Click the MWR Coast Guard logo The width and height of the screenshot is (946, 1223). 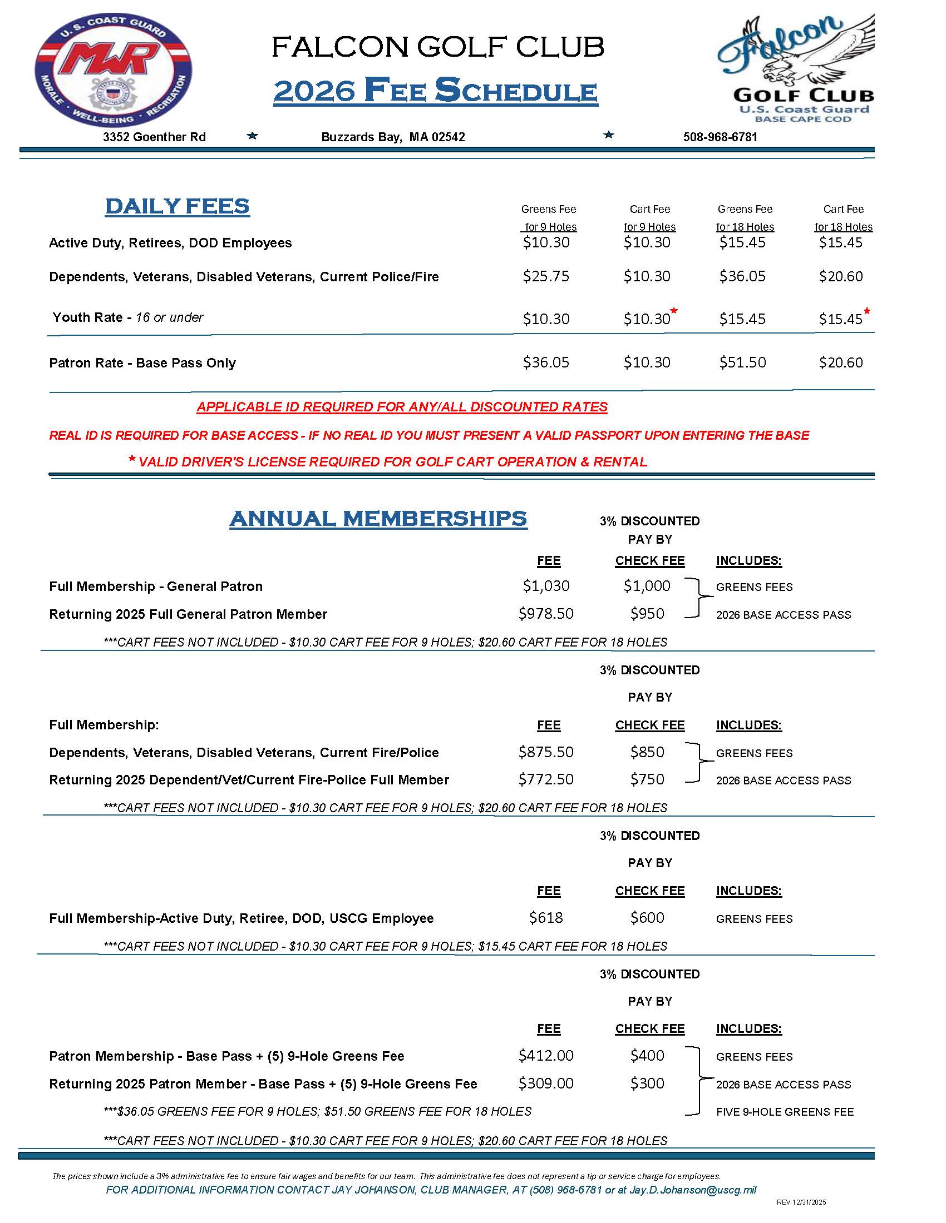pyautogui.click(x=113, y=69)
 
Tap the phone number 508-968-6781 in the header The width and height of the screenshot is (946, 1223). pyautogui.click(x=720, y=137)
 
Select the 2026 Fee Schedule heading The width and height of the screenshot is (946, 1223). pyautogui.click(x=436, y=91)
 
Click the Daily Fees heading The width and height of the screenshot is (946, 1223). pyautogui.click(x=177, y=207)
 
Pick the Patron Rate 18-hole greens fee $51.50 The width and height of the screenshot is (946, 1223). pyautogui.click(x=742, y=362)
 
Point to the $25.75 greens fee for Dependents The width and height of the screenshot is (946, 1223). pyautogui.click(x=545, y=276)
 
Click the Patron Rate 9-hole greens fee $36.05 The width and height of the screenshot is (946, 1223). pyautogui.click(x=545, y=362)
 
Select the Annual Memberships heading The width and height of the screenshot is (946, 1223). pyautogui.click(x=378, y=519)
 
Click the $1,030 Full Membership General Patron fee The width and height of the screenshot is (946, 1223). pyautogui.click(x=545, y=586)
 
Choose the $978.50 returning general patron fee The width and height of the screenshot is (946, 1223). pyautogui.click(x=545, y=614)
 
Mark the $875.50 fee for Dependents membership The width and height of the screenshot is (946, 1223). pyautogui.click(x=545, y=752)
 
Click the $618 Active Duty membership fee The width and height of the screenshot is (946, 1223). pyautogui.click(x=545, y=917)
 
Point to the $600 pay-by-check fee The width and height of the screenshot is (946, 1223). pyautogui.click(x=647, y=917)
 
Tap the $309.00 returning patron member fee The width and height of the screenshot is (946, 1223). pyautogui.click(x=545, y=1083)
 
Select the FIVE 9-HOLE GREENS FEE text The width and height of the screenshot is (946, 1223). pyautogui.click(x=785, y=1112)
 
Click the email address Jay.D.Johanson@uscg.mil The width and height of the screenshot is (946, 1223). pyautogui.click(x=693, y=1190)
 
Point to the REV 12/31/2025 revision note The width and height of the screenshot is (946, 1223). pyautogui.click(x=801, y=1202)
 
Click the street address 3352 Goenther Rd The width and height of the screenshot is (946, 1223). pyautogui.click(x=154, y=137)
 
